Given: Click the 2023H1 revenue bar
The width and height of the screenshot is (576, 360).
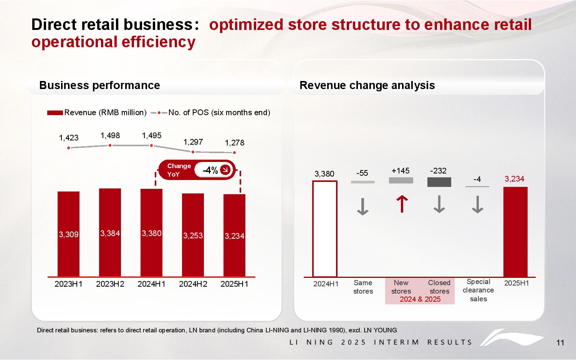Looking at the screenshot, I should coord(68,234).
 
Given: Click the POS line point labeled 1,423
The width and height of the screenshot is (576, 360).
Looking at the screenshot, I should coord(69,148).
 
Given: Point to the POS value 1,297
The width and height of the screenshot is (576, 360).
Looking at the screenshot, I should coord(193,142).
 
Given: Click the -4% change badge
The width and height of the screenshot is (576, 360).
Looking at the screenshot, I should coord(214,170).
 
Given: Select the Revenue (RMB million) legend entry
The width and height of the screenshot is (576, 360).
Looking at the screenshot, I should coord(97,112).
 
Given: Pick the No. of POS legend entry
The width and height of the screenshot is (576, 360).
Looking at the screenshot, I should coord(211,112).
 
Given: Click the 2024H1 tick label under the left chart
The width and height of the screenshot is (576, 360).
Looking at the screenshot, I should coord(151,284).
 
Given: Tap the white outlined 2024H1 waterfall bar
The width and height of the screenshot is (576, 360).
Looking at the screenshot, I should coord(324,229).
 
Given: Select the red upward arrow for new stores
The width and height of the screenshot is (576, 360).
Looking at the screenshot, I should coord(401,204).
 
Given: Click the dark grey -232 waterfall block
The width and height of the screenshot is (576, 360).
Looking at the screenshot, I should coord(439,182).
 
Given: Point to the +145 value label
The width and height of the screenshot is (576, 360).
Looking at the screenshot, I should coord(401,171).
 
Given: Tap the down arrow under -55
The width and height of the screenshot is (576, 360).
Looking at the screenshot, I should coord(362,206).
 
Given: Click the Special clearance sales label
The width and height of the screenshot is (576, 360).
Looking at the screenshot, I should coord(478,290).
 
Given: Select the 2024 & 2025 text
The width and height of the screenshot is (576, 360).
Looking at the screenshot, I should coord(420,299).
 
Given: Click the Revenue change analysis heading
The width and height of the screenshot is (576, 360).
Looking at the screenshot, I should coord(367,85).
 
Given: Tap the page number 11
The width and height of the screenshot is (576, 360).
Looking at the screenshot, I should coord(560,343).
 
